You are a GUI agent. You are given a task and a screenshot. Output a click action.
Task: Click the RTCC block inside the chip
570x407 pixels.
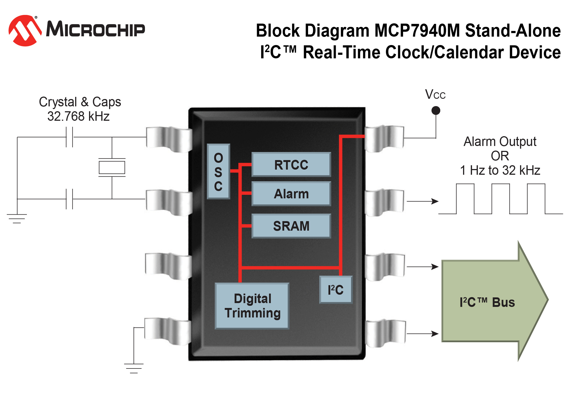tap(291, 165)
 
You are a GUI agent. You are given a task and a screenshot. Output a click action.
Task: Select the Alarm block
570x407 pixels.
tap(291, 194)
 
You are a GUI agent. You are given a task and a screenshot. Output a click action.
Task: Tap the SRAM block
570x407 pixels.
tap(291, 226)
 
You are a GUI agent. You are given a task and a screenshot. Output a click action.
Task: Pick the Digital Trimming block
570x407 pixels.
tap(252, 306)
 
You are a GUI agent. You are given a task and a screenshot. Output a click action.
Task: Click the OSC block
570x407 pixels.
tap(218, 172)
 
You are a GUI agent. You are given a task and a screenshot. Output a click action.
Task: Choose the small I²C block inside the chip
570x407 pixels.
tap(336, 290)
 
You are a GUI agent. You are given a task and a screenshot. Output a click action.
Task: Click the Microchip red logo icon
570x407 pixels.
tap(25, 30)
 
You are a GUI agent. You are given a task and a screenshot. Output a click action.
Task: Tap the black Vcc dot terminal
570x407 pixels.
tap(436, 110)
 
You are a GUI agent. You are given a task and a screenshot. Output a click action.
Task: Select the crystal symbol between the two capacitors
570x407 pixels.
tap(112, 167)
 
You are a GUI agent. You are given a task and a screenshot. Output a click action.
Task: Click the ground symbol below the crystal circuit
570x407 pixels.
tap(17, 218)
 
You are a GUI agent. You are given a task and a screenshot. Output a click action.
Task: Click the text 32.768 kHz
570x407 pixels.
tap(78, 116)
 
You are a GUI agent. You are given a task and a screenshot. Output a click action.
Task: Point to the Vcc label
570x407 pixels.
tap(435, 95)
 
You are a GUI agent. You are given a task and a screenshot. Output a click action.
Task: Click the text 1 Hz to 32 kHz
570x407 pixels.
tap(500, 170)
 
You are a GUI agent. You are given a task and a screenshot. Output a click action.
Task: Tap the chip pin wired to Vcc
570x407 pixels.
tap(384, 138)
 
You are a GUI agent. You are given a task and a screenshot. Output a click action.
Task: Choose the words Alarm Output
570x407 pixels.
tap(500, 142)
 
